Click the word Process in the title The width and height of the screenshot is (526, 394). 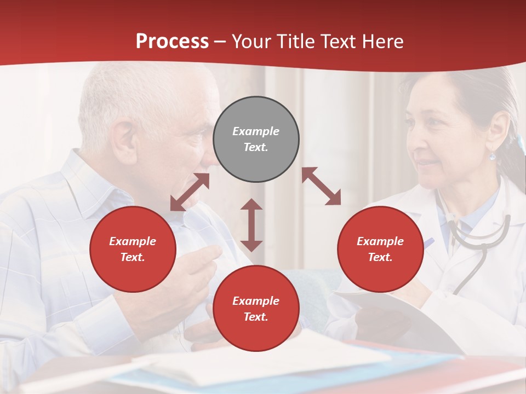coord(172,42)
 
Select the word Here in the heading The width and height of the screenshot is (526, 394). coord(381,42)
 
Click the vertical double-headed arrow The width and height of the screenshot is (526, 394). coord(251,225)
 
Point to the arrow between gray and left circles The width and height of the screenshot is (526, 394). coord(190,192)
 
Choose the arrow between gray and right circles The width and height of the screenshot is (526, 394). coord(321,186)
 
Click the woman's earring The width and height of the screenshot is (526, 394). coord(493,157)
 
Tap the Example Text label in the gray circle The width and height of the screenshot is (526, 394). coord(256,139)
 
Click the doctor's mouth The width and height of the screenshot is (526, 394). coord(427,164)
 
